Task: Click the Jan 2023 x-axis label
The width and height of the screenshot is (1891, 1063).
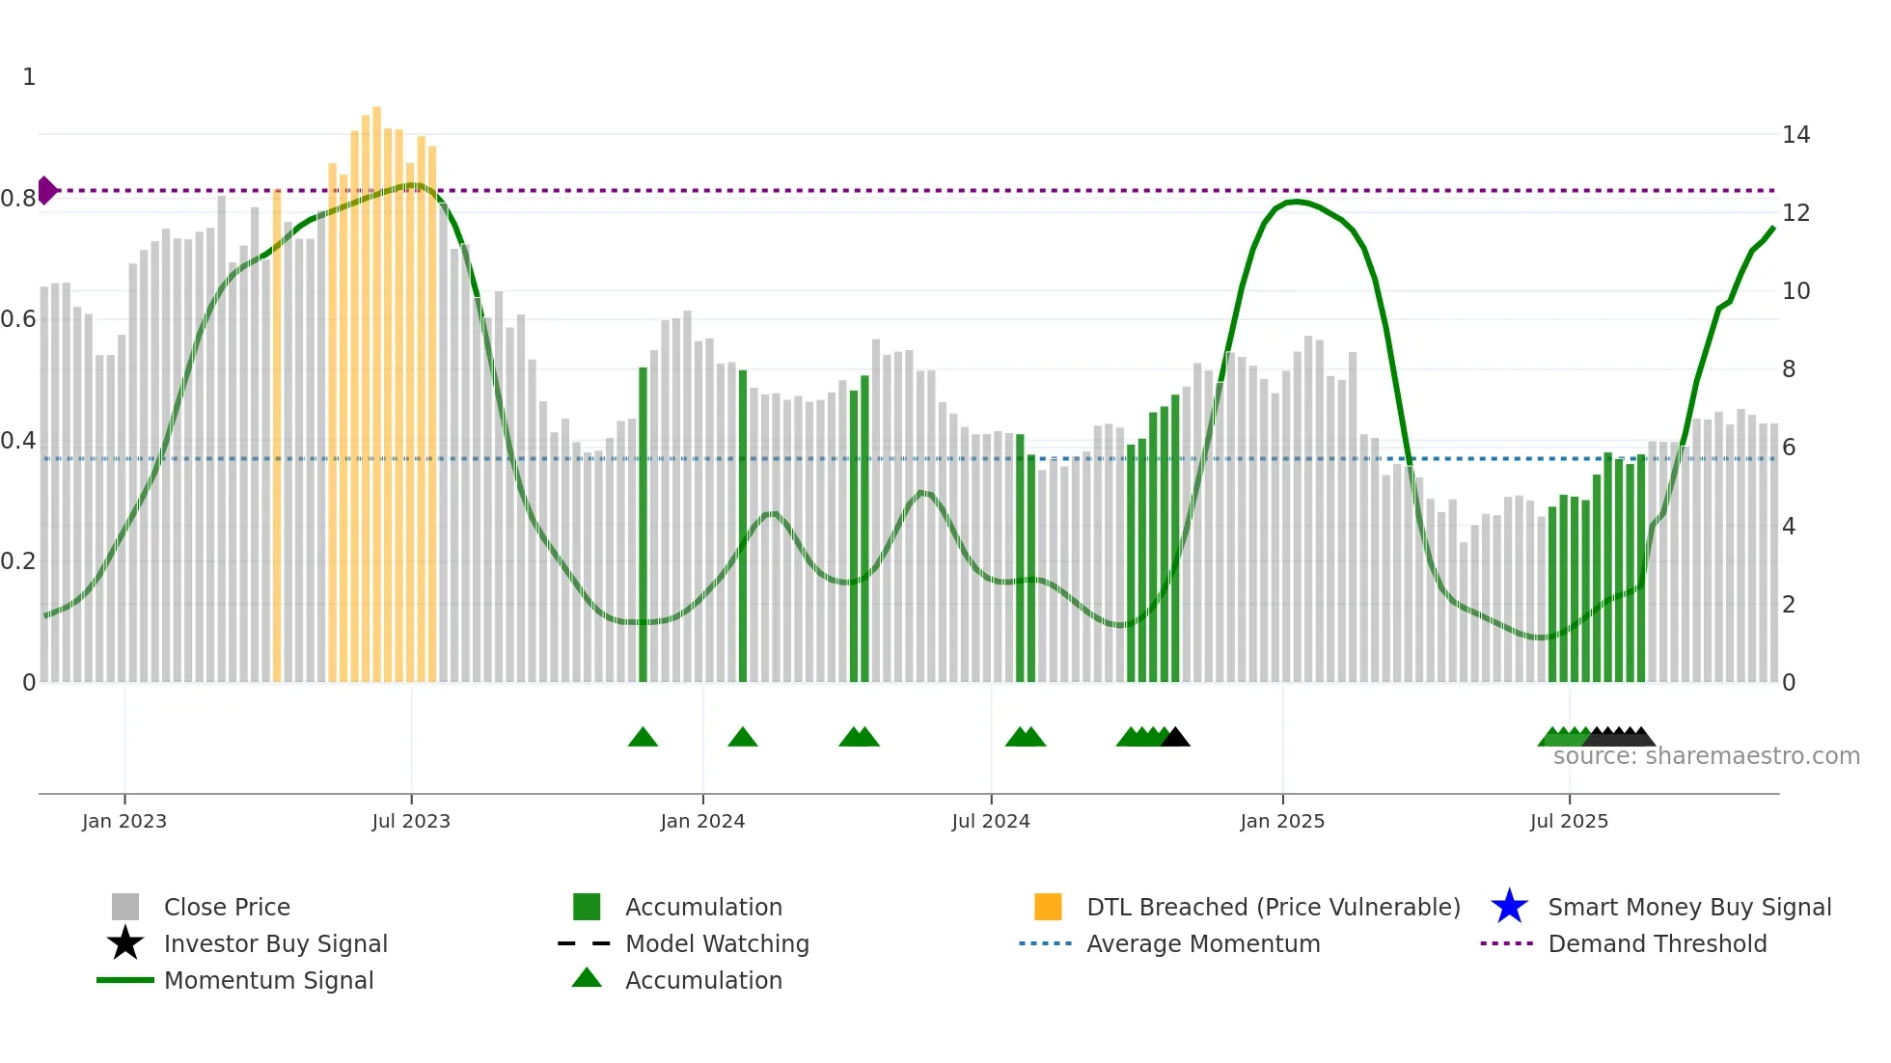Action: pyautogui.click(x=123, y=821)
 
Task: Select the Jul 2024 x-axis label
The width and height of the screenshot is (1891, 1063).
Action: pyautogui.click(x=990, y=821)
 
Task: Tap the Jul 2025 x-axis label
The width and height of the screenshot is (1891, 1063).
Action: pyautogui.click(x=1569, y=821)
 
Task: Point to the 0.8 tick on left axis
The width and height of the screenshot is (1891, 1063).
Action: pyautogui.click(x=17, y=199)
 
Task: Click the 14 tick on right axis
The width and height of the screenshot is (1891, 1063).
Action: pyautogui.click(x=1795, y=135)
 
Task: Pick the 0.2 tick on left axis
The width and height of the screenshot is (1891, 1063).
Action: pyautogui.click(x=17, y=561)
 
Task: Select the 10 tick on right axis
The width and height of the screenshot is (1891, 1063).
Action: pyautogui.click(x=1795, y=291)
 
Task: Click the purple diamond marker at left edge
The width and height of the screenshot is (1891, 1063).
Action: pyautogui.click(x=46, y=190)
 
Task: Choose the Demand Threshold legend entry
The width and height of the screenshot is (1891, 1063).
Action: pyautogui.click(x=1657, y=943)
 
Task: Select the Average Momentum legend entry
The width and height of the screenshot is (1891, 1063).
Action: pyautogui.click(x=1202, y=943)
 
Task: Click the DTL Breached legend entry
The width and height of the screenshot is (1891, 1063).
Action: pyautogui.click(x=1273, y=907)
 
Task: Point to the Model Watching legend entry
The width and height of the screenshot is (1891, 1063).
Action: pyautogui.click(x=716, y=943)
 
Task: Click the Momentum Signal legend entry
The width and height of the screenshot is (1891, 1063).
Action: pyautogui.click(x=268, y=980)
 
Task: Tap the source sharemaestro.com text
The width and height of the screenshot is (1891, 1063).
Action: pyautogui.click(x=1706, y=756)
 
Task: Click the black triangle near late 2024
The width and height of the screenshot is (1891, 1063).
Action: pyautogui.click(x=1175, y=738)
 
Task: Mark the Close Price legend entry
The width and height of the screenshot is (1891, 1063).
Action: pyautogui.click(x=226, y=907)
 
